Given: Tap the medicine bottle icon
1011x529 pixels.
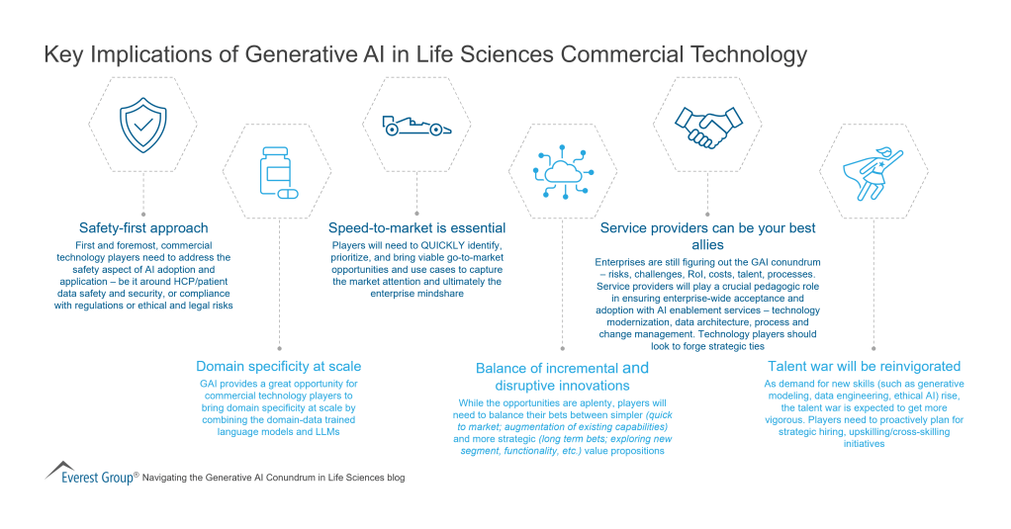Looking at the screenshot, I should (x=277, y=174).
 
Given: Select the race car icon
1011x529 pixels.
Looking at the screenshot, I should (x=415, y=126).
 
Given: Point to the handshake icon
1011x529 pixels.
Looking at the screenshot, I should (x=708, y=126).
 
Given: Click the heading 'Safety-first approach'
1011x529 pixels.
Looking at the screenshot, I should (x=143, y=227).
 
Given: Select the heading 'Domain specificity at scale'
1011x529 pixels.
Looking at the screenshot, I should (x=278, y=366).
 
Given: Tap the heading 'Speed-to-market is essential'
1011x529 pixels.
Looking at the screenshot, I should (x=416, y=228).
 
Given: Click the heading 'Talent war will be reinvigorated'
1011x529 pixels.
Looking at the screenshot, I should (x=849, y=366).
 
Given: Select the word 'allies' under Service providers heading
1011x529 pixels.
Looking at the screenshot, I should (x=708, y=244).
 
